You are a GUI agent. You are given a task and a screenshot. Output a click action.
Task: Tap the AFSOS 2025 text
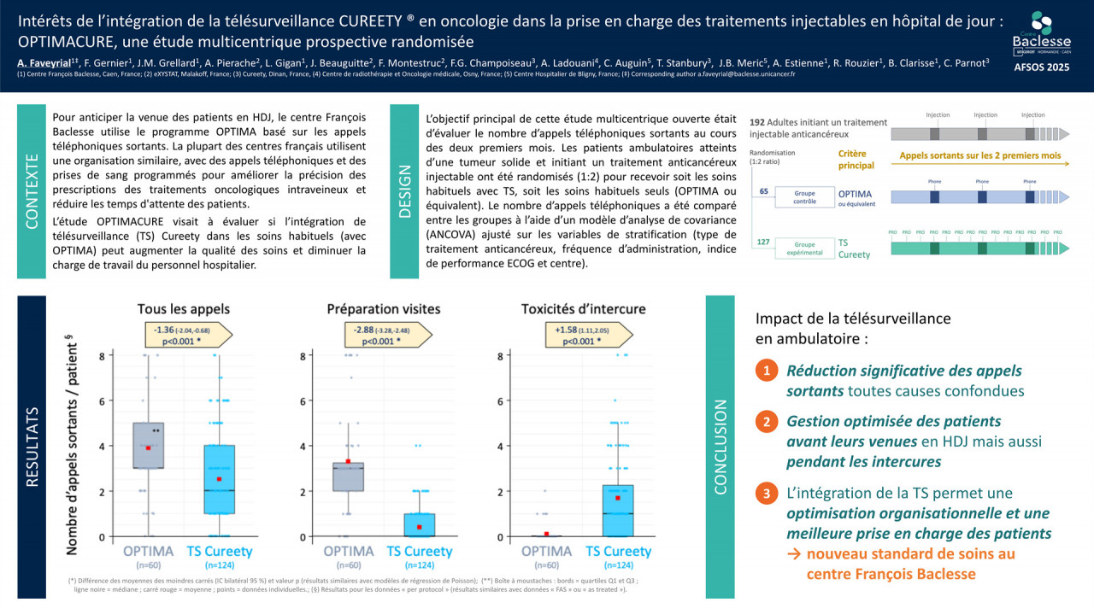pos(1040,66)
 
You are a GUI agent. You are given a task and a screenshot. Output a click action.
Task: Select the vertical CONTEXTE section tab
pos(32,190)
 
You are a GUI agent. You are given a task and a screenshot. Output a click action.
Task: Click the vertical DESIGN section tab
pos(404,190)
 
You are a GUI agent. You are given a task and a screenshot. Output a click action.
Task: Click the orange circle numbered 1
pos(767,371)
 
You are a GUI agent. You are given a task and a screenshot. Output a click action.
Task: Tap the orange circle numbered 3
pos(767,494)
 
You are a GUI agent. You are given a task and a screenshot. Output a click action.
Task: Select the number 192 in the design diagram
pos(756,123)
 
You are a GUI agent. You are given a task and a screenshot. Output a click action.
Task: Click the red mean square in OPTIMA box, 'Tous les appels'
pos(148,448)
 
